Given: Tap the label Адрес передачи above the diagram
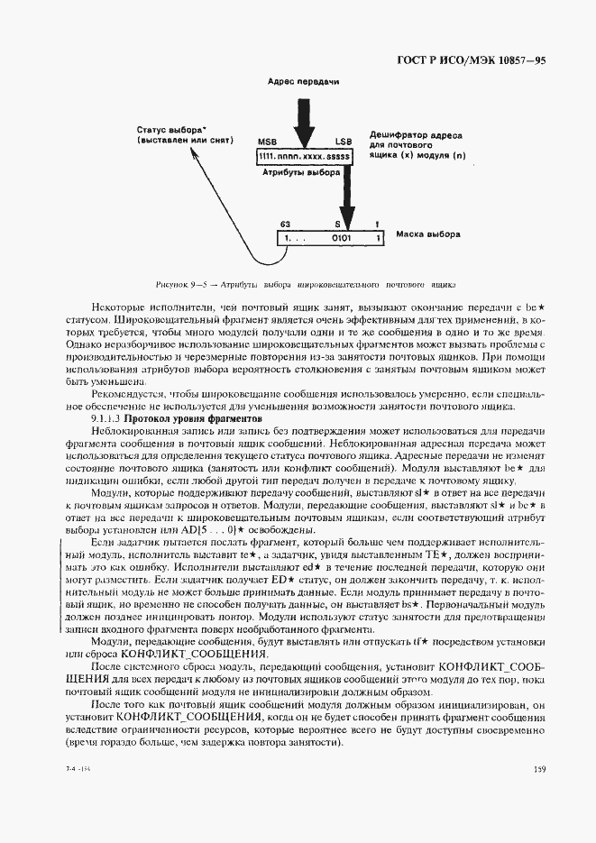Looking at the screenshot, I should [303, 82].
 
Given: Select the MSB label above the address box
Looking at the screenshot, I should [267, 142].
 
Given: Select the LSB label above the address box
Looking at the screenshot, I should [343, 142].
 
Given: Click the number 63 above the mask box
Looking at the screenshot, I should [285, 224].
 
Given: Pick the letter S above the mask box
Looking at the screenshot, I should [338, 224].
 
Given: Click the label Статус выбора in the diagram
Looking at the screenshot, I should [167, 129].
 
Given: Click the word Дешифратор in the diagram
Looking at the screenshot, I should [398, 135].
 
